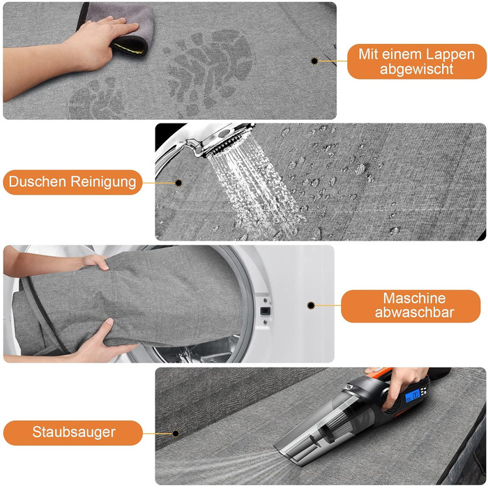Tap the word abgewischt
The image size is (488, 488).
coord(416,69)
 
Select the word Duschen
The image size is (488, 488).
coord(38,181)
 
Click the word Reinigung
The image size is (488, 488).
coord(104,182)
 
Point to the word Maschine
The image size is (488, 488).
coord(414,298)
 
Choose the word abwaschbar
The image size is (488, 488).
coord(414,312)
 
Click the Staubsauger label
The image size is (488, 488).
coord(74,432)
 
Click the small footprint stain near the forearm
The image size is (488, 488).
coord(96,99)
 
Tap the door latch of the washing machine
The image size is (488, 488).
coord(265,311)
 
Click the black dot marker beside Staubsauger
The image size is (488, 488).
coord(176,434)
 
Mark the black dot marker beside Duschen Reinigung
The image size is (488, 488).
coord(178,183)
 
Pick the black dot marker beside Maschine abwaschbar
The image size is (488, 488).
coord(311,305)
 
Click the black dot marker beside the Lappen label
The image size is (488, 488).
coord(314,61)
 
